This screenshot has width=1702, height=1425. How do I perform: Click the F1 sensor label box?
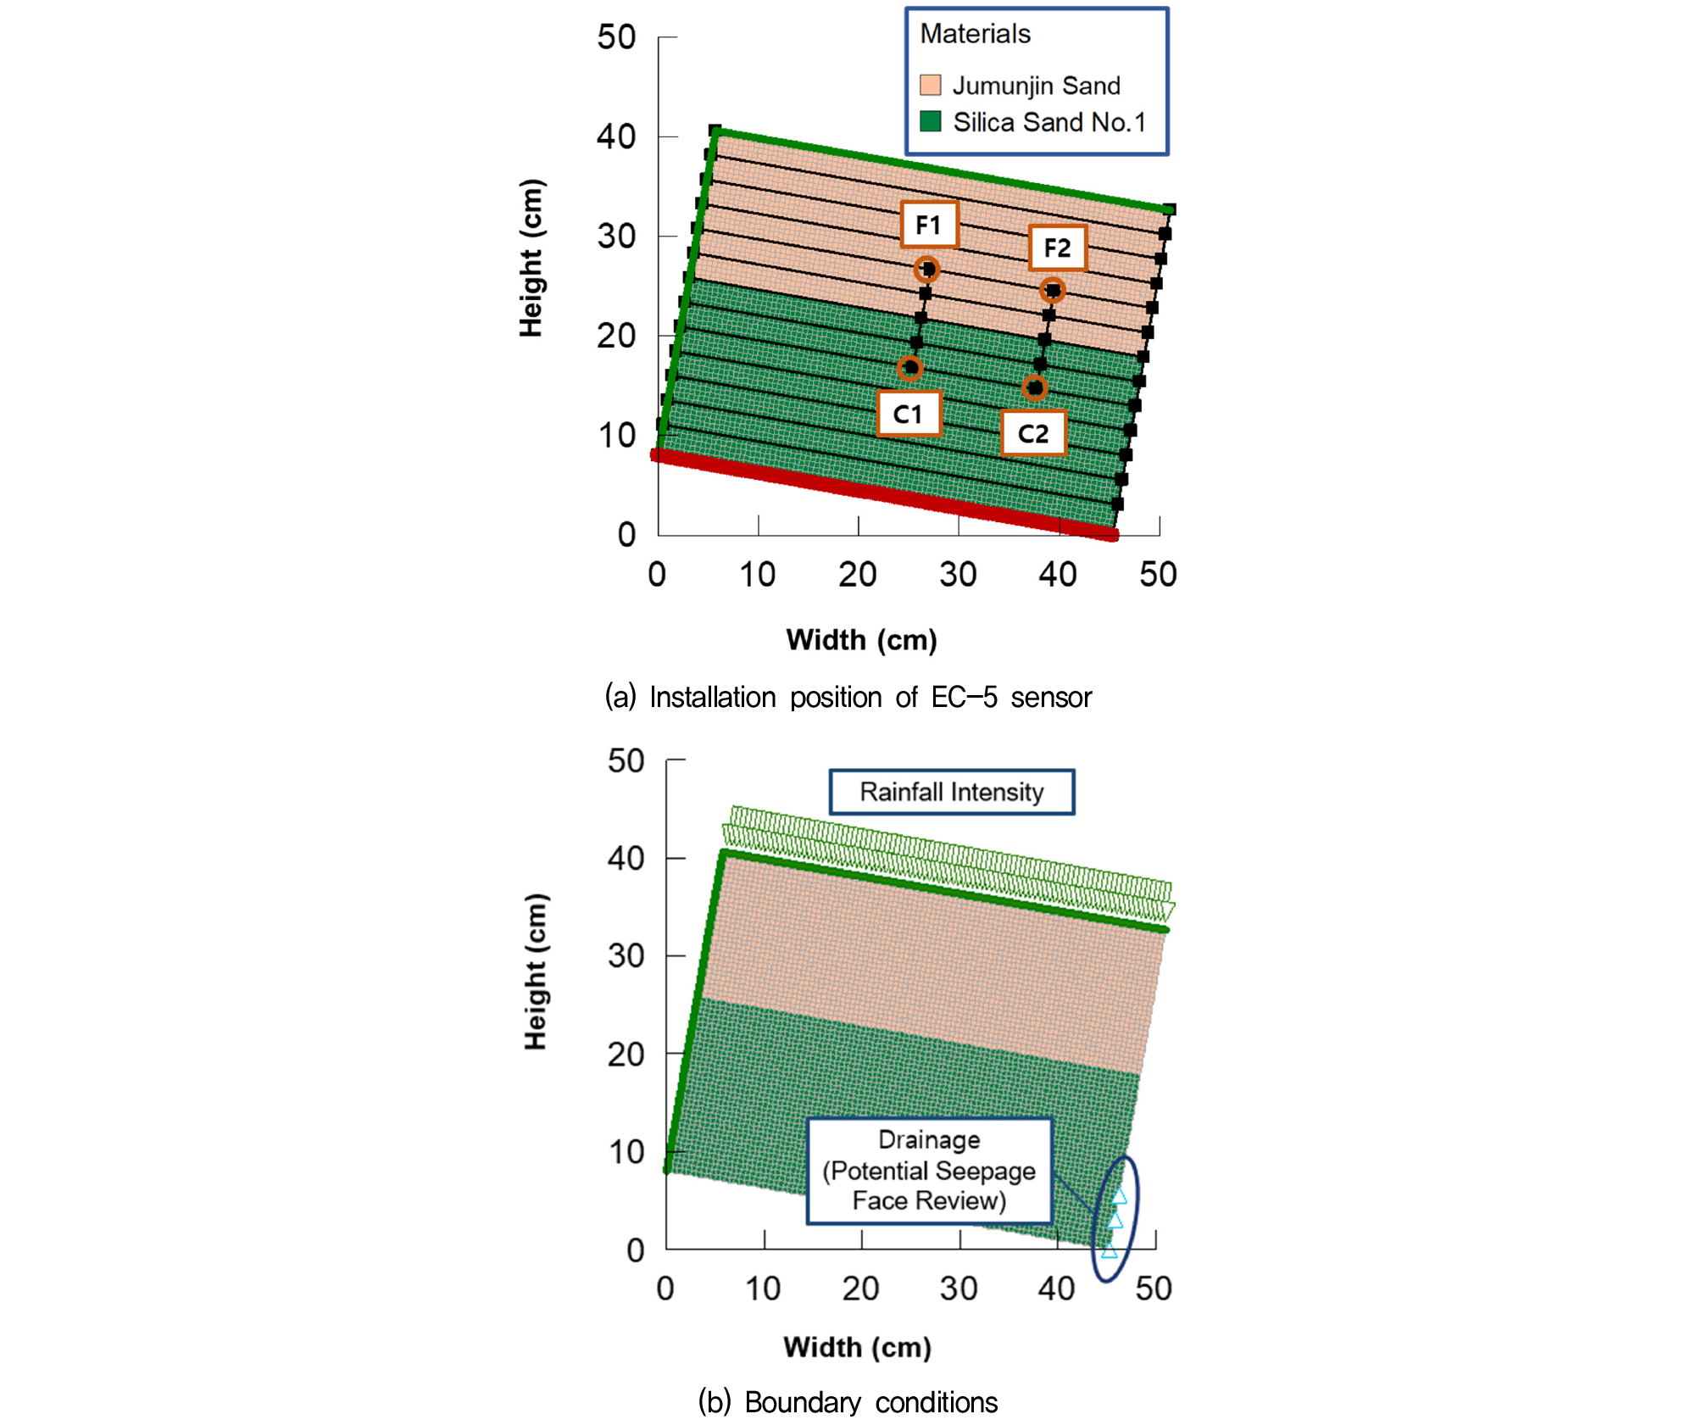(x=929, y=225)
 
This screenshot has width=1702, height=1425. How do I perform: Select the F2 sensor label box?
(x=1058, y=248)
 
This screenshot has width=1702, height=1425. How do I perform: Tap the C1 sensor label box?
(x=909, y=414)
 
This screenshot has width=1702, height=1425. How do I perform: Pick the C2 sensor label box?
(x=1033, y=433)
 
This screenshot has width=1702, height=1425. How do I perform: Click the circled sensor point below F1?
(x=927, y=270)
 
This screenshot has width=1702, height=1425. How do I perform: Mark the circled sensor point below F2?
(x=1052, y=291)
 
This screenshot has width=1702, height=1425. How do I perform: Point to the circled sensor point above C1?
(x=909, y=368)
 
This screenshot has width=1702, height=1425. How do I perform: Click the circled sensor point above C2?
(x=1034, y=388)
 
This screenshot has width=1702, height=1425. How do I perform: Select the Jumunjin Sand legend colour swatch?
(x=931, y=85)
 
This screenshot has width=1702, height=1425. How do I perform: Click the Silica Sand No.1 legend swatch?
(x=931, y=121)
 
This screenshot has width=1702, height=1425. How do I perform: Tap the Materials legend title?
(x=976, y=34)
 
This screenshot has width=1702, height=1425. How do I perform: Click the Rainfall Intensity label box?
(x=952, y=792)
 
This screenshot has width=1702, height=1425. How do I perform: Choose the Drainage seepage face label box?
(x=930, y=1171)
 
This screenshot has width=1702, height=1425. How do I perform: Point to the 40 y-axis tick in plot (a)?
(x=616, y=136)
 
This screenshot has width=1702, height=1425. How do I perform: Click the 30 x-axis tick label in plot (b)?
(x=959, y=1289)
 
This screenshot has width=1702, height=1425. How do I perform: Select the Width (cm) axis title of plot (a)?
(x=862, y=640)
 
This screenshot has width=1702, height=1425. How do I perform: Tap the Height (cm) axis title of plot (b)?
(x=536, y=971)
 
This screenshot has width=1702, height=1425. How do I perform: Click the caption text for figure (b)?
(x=848, y=1402)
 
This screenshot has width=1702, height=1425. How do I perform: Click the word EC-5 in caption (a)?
(x=965, y=697)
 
